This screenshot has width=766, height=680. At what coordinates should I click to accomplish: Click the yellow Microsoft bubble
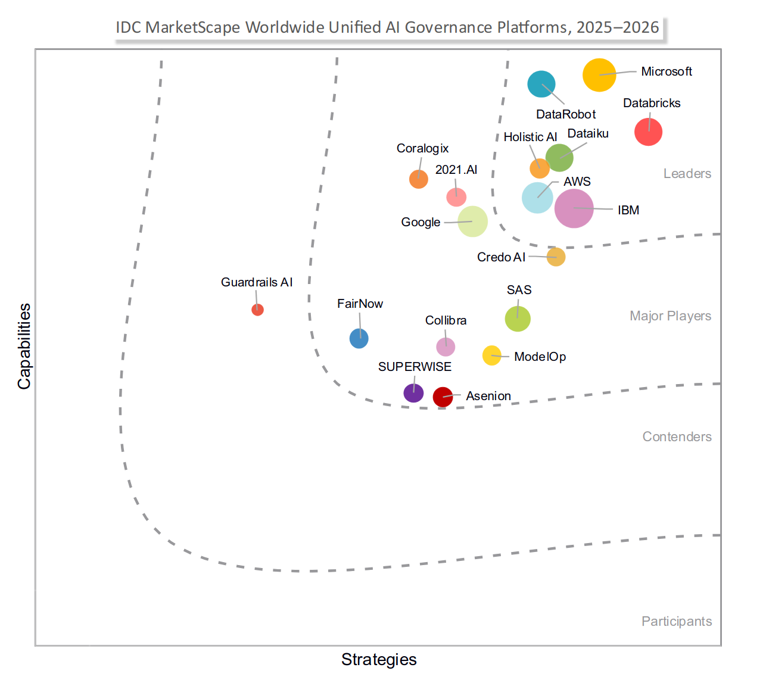[x=599, y=75]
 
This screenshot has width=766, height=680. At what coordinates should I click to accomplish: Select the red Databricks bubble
[x=648, y=132]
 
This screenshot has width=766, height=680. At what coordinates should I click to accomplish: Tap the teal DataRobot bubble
[x=541, y=84]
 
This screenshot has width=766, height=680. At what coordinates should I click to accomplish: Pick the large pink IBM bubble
[x=574, y=208]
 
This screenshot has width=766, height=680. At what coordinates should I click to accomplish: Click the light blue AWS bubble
[x=537, y=198]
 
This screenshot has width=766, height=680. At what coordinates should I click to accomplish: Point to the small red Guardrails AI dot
[x=257, y=310]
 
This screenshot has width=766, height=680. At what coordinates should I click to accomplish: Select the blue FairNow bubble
[x=359, y=338]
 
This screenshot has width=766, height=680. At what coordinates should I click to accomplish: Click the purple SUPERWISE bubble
[x=413, y=393]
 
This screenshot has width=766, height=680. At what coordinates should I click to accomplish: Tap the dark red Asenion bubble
[x=443, y=397]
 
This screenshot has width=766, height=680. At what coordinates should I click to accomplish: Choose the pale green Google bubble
[x=472, y=222]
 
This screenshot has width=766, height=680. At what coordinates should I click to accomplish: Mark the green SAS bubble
[x=518, y=319]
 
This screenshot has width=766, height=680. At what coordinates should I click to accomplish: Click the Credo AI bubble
[x=556, y=257]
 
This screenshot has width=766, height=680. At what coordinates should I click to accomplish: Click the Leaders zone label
[x=687, y=174]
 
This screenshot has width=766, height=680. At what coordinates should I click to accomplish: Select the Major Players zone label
[x=670, y=316]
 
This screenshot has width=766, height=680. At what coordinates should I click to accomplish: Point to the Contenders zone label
[x=677, y=437]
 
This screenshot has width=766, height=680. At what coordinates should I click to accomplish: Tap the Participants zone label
[x=676, y=622]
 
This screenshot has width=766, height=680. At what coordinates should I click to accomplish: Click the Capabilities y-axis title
[x=24, y=347]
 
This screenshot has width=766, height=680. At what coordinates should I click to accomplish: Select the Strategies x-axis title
[x=379, y=660]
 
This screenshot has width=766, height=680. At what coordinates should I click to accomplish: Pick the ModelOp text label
[x=540, y=357]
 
